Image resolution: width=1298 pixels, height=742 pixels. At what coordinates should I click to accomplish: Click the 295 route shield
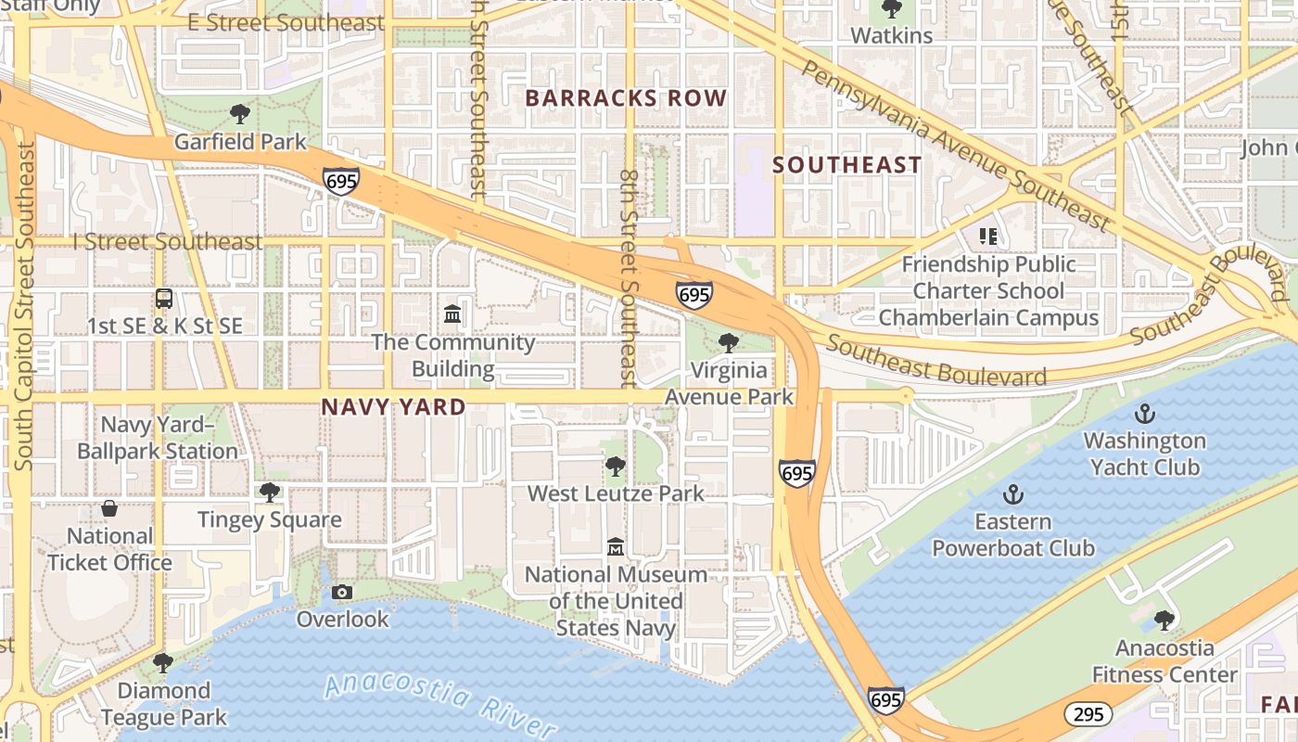1088,714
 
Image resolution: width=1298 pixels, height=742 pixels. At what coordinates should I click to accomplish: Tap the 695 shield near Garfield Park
341,181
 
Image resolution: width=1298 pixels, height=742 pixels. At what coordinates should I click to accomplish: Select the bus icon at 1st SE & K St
164,299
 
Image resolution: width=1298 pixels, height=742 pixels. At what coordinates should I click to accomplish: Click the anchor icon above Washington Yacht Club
1145,413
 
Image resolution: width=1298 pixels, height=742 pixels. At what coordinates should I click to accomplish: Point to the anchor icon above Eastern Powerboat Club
1012,494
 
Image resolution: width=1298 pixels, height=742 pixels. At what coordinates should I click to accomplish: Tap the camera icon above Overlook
342,592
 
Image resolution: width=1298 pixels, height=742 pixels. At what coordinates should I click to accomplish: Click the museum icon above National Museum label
615,547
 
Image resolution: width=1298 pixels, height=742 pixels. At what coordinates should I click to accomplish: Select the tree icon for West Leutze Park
615,466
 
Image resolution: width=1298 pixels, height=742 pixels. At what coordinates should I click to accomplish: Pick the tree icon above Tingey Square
270,493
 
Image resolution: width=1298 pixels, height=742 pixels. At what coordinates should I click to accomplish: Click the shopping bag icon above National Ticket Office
109,509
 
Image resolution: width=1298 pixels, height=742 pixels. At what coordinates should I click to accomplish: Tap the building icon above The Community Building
452,314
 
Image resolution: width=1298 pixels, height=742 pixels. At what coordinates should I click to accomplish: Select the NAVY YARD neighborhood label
393,407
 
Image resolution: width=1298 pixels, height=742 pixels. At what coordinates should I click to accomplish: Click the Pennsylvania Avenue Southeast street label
955,146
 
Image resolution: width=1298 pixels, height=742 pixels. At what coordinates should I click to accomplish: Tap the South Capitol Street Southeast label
24,306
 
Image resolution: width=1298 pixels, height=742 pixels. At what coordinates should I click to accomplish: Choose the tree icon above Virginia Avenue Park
729,342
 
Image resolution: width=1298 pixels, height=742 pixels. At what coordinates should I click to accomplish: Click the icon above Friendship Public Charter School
988,237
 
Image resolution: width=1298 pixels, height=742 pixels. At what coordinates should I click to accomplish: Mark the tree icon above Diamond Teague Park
163,663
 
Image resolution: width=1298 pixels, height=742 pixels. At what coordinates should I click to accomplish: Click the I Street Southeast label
168,242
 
